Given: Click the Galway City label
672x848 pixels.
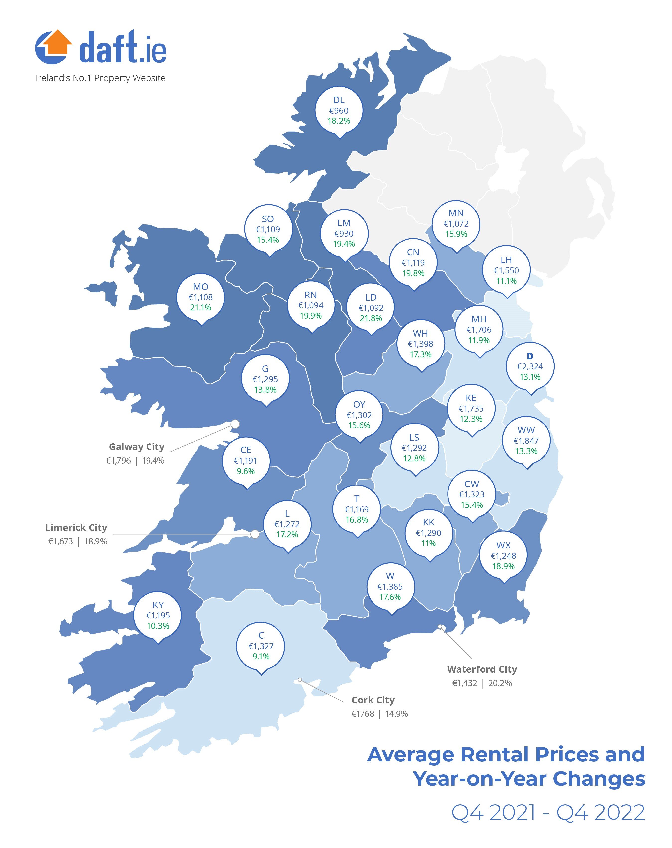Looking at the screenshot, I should coord(137,447).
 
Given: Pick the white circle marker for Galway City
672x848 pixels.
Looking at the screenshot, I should coord(235,424).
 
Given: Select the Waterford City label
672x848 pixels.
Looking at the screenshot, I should coord(482,669).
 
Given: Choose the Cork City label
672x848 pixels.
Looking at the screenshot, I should coord(373,700).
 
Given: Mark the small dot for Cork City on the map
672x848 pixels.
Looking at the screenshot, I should coord(300,680).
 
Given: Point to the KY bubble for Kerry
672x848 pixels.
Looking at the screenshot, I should coord(158,616).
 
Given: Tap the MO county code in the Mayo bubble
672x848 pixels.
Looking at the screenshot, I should coord(200,287).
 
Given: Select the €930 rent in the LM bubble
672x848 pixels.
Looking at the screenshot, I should coord(344,234).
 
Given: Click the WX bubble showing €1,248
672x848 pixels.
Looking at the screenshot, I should coord(503,556).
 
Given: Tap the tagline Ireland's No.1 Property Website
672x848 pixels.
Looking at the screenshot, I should coord(100,78).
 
